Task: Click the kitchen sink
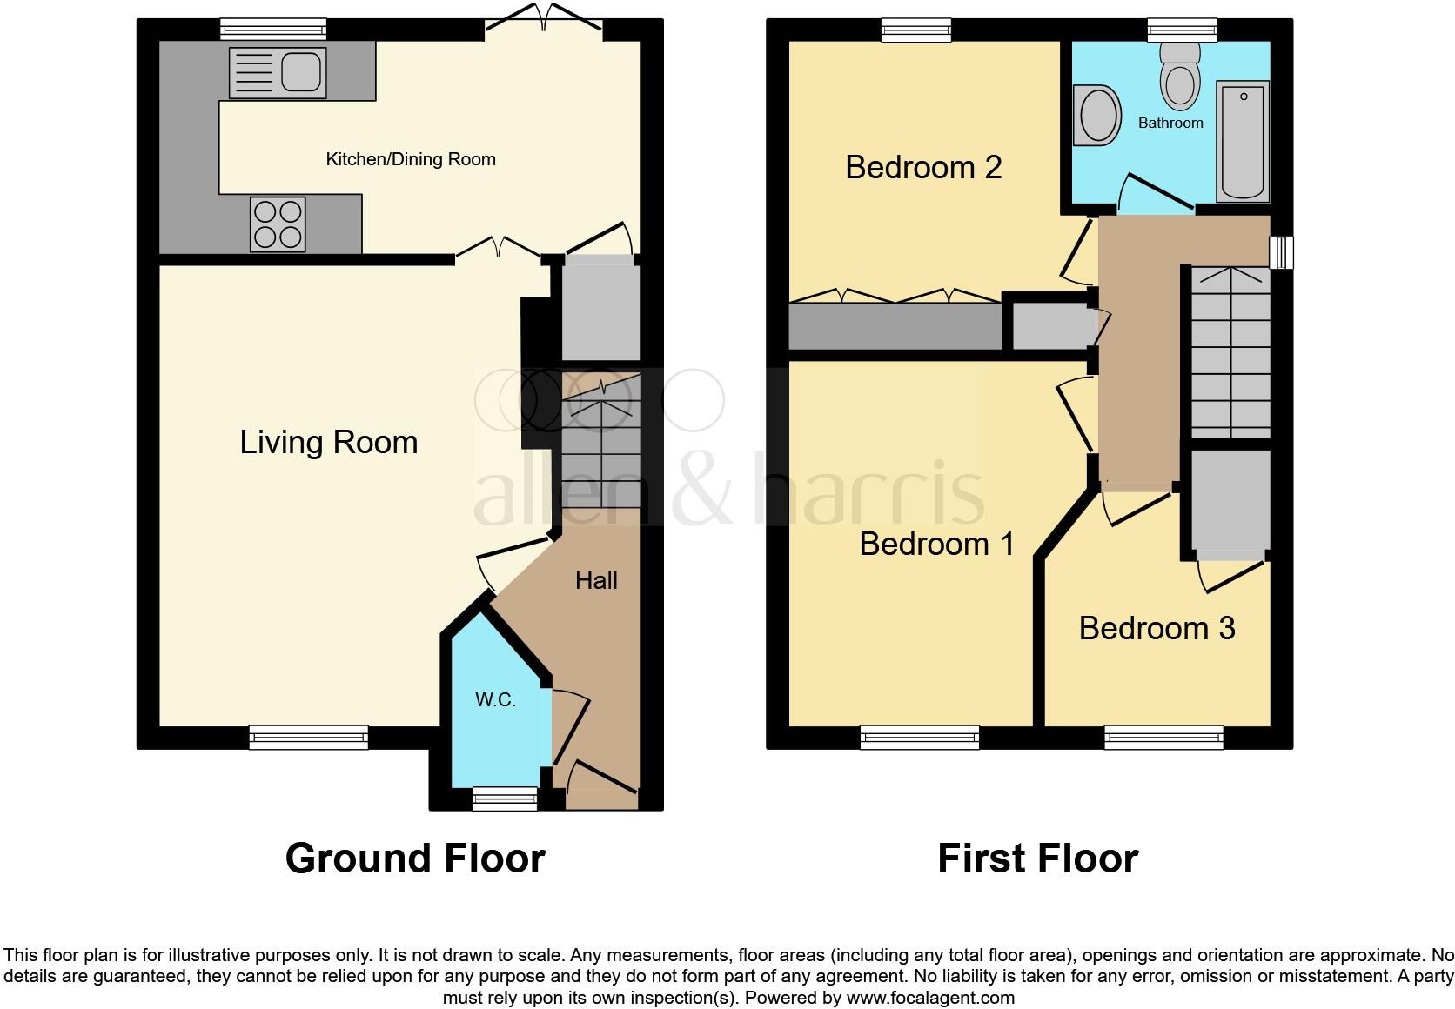278,72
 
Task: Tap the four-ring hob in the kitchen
278,224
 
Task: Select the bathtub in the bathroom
1243,141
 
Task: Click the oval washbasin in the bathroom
1096,114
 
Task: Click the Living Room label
329,443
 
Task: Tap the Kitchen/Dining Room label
411,159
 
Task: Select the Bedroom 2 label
923,167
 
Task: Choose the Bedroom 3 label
1157,628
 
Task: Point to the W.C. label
495,700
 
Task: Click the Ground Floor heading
415,859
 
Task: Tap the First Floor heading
1037,859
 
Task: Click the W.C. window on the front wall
505,798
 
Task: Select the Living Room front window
309,738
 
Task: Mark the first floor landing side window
1281,253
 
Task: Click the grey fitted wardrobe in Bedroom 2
895,326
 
